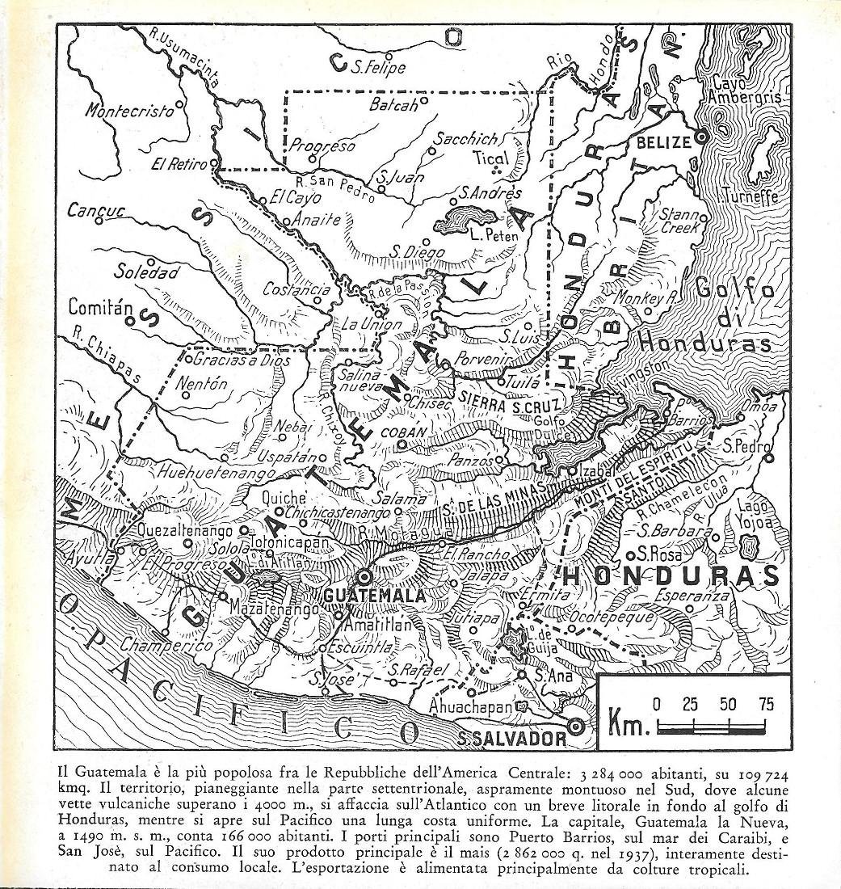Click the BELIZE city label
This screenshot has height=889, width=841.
point(664,142)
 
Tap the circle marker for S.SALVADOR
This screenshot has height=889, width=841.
point(576,726)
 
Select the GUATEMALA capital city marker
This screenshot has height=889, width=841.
point(365,577)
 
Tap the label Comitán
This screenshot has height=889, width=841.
point(100,308)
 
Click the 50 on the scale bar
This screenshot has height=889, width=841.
point(728,704)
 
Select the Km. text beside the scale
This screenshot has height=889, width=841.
point(629,724)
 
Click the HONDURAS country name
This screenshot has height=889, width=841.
point(670,575)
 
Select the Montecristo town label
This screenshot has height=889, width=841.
point(129,111)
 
